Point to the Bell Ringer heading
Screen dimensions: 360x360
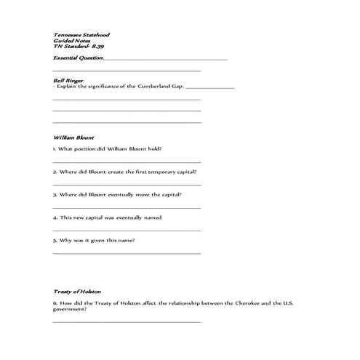(68, 79)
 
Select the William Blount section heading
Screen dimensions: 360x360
(73, 137)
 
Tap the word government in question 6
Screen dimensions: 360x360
(69, 308)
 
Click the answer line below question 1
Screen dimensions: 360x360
(127, 161)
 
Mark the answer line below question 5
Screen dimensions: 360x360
(127, 253)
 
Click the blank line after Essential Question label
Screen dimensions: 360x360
(166, 59)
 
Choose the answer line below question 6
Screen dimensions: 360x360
(127, 321)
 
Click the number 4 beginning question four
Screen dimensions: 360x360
(55, 217)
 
